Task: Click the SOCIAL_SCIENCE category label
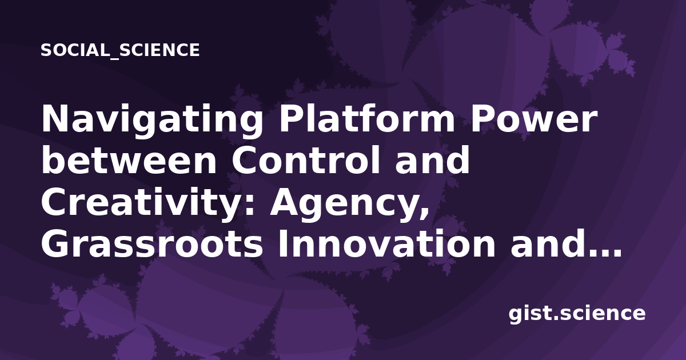pyautogui.click(x=120, y=50)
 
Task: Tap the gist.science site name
pyautogui.click(x=577, y=314)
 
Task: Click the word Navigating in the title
pyautogui.click(x=152, y=120)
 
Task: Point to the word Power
pyautogui.click(x=534, y=119)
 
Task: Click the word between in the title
pyautogui.click(x=129, y=160)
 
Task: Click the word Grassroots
pyautogui.click(x=152, y=243)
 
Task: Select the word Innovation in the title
pyautogui.click(x=386, y=243)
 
